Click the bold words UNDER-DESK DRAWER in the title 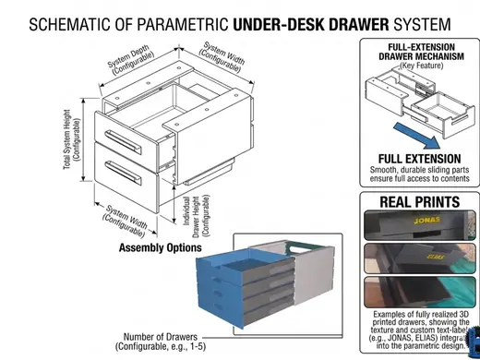(x=311, y=24)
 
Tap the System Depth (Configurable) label (x=131, y=60)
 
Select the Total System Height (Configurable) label (x=72, y=139)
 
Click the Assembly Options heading (x=161, y=247)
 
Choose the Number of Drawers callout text (x=161, y=342)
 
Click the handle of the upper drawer (x=123, y=142)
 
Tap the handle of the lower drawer (x=123, y=173)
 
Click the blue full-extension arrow (x=418, y=136)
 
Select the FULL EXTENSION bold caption (x=419, y=159)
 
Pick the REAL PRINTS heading (x=420, y=202)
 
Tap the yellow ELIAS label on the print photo (x=436, y=257)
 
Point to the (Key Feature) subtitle (x=421, y=66)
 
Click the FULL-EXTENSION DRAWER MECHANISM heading (x=421, y=52)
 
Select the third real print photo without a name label (x=420, y=293)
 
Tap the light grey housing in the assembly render (x=314, y=274)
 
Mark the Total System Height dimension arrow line (x=83, y=140)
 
